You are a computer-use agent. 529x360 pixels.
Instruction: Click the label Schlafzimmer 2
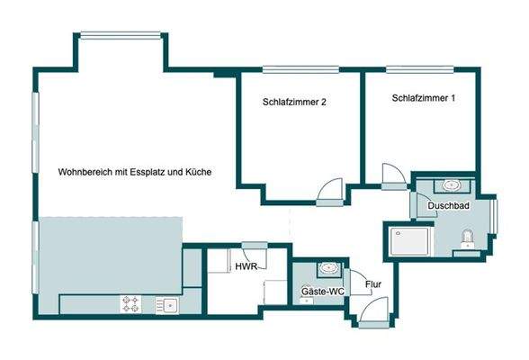click(x=294, y=103)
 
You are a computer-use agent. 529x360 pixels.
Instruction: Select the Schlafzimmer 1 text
click(x=423, y=97)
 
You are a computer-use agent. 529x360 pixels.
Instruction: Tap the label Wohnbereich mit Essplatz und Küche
click(x=135, y=171)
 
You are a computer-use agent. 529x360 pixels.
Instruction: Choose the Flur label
click(x=372, y=287)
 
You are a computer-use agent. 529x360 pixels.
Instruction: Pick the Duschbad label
click(x=447, y=206)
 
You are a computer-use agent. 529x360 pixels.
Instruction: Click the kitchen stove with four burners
click(x=131, y=304)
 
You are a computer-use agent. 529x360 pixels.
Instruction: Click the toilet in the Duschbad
click(x=465, y=238)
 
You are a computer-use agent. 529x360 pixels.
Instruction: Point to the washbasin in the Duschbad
click(x=451, y=186)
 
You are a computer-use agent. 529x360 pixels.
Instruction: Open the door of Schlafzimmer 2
click(x=330, y=191)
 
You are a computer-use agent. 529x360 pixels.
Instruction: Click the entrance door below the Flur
click(x=369, y=315)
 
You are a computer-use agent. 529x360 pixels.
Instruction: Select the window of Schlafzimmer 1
click(x=419, y=69)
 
